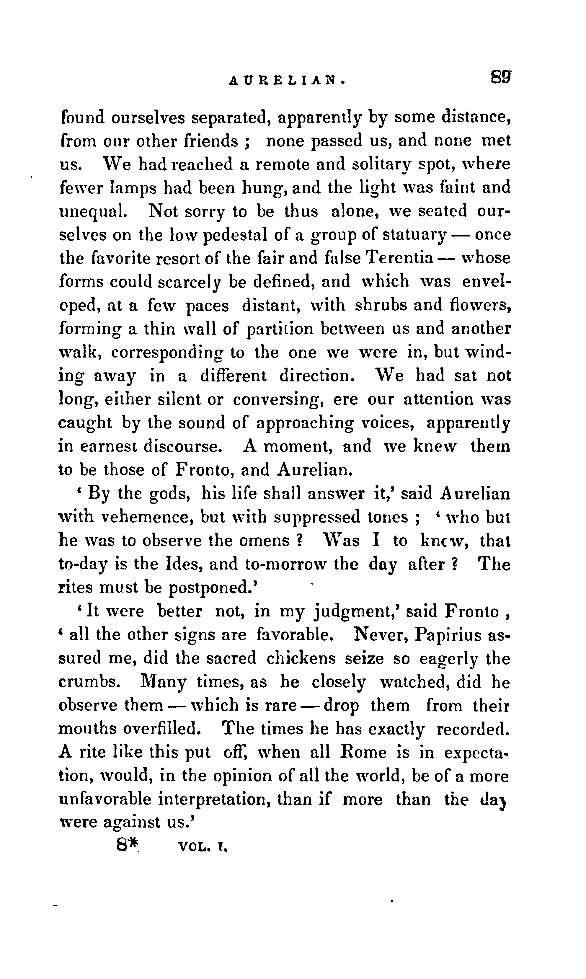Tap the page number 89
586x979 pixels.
[x=501, y=76]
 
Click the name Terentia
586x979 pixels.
[x=400, y=258]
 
